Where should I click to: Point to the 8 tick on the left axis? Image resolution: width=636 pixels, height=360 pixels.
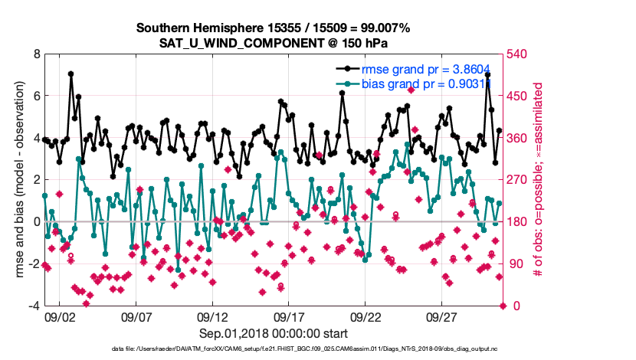coord(36,54)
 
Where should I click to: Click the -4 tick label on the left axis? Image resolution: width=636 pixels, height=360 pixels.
coord(34,306)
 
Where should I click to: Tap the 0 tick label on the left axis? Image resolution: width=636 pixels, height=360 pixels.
coord(36,222)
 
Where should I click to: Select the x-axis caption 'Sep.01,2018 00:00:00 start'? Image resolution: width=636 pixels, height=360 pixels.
coord(274,333)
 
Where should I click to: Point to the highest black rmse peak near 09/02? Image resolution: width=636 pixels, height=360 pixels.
coord(70,74)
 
